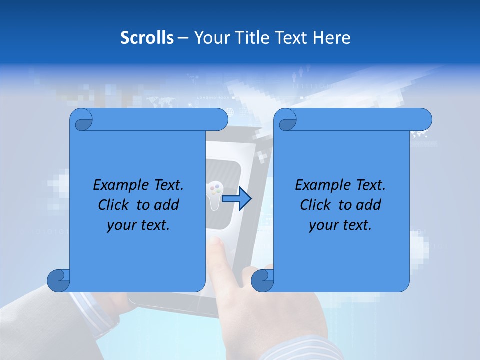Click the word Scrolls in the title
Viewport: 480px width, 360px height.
(x=147, y=37)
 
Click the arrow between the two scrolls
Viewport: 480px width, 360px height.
(x=236, y=198)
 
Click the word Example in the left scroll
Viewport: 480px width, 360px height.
(x=118, y=185)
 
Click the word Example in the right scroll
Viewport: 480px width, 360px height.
(x=320, y=185)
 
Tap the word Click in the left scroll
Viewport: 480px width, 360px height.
(x=115, y=205)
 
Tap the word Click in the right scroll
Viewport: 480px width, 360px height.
(x=317, y=205)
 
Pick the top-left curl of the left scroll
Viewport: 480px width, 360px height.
(x=82, y=120)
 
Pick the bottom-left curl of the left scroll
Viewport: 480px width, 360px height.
(x=58, y=280)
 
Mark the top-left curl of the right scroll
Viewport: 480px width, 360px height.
(x=286, y=120)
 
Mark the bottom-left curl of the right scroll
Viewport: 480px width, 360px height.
(x=262, y=280)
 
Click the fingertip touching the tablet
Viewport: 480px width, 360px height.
(x=215, y=243)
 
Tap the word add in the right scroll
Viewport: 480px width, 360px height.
(x=369, y=205)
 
